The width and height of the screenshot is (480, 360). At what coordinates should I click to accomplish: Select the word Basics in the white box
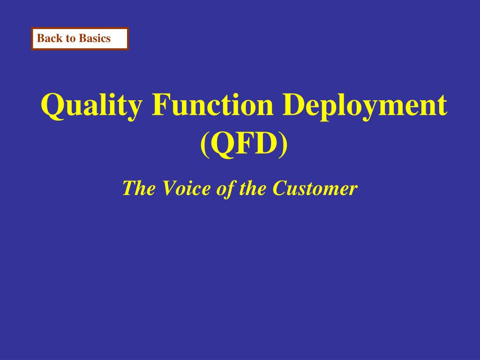95,38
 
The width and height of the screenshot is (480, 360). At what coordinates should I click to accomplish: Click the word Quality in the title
92,105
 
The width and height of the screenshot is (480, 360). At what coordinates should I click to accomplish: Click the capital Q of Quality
53,106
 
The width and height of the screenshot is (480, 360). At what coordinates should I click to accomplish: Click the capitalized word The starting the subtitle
139,187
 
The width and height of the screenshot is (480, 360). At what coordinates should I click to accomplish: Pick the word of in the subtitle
225,188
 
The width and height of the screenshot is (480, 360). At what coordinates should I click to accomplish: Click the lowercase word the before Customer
253,187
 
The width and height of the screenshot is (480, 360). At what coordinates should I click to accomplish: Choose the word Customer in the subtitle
315,187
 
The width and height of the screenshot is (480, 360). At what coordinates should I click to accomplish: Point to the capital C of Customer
281,188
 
